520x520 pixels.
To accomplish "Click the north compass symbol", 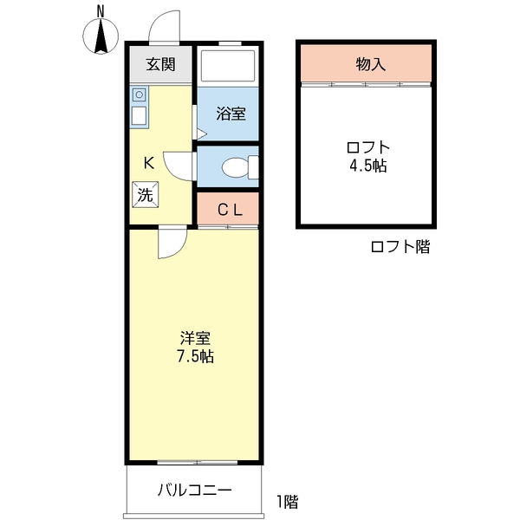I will pos(101,34).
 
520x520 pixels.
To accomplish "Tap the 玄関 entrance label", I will pos(160,64).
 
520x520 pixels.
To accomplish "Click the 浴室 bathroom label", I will pos(229,113).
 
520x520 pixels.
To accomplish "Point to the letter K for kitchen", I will pos(148,161).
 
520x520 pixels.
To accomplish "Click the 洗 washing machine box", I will pos(145,194).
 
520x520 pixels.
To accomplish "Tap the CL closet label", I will pos(228,209).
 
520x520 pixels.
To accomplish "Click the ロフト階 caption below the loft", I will pos(400,247).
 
